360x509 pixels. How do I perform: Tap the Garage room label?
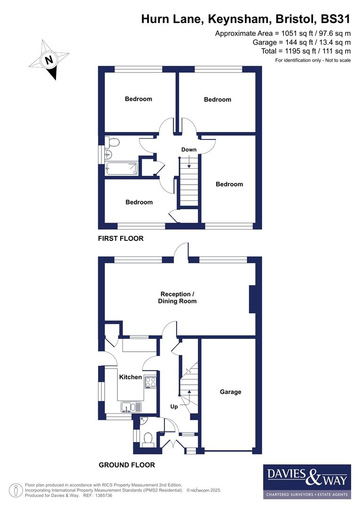pyautogui.click(x=230, y=392)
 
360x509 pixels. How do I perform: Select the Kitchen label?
pyautogui.click(x=130, y=377)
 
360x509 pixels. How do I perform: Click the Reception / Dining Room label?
pyautogui.click(x=177, y=297)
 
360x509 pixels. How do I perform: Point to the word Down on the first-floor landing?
pyautogui.click(x=188, y=149)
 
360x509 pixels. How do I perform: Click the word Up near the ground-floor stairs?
pyautogui.click(x=173, y=406)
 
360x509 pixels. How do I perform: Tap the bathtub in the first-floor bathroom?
pyautogui.click(x=122, y=169)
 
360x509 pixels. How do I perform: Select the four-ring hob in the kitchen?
pyautogui.click(x=151, y=381)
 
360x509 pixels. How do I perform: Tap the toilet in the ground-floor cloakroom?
pyautogui.click(x=147, y=439)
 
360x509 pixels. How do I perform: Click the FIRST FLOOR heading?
pyautogui.click(x=121, y=238)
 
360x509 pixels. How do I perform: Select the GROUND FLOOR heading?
pyautogui.click(x=126, y=465)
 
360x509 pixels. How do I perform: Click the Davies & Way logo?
pyautogui.click(x=306, y=481)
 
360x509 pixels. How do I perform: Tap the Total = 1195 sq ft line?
pyautogui.click(x=306, y=51)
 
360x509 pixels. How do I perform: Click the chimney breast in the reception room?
pyautogui.click(x=253, y=299)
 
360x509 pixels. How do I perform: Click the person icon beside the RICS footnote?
pyautogui.click(x=16, y=490)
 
